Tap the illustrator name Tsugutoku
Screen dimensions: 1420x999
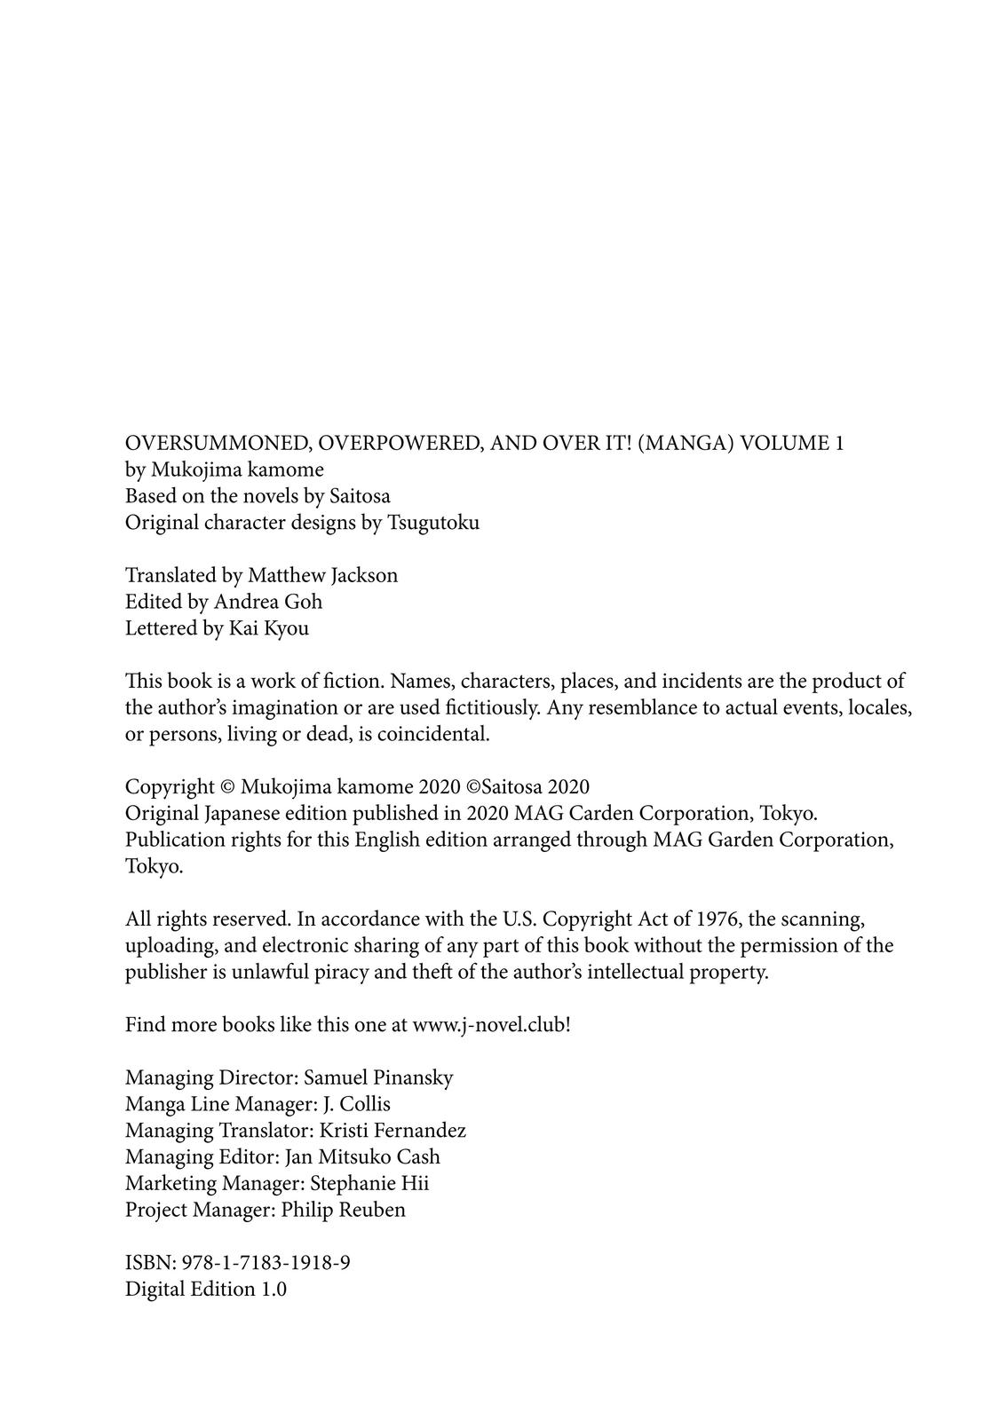pos(433,522)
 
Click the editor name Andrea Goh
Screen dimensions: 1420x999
pos(267,602)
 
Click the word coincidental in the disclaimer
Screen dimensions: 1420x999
pos(434,734)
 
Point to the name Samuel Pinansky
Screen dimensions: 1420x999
pos(378,1077)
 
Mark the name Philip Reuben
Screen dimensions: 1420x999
pos(343,1210)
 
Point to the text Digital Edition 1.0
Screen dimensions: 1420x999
pos(206,1289)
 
